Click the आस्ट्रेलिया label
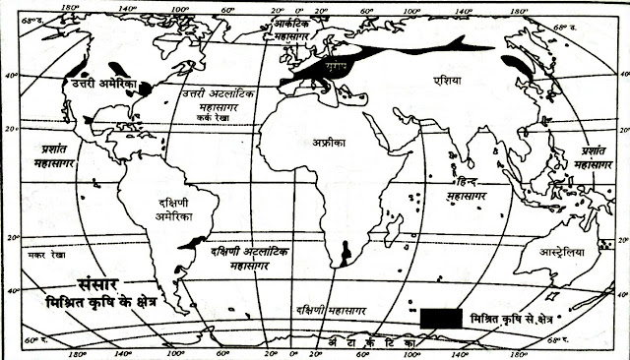[x=560, y=253]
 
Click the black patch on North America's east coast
[x=147, y=89]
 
